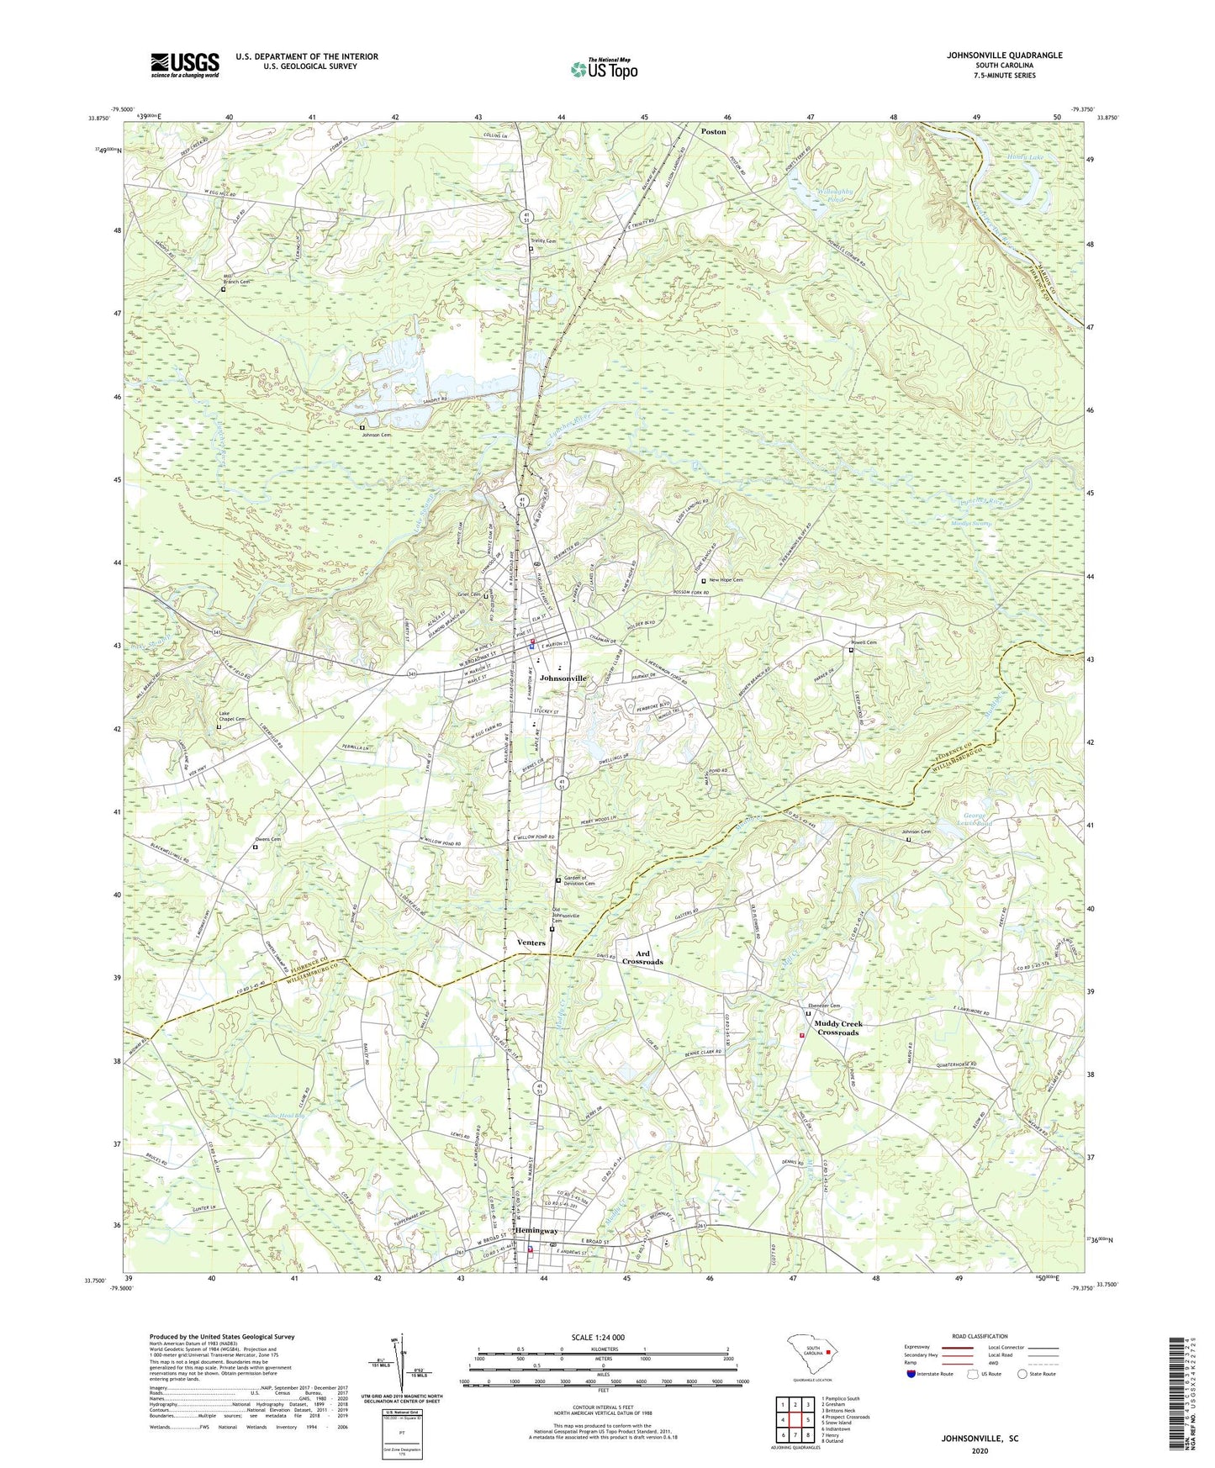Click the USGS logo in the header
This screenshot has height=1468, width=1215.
click(185, 65)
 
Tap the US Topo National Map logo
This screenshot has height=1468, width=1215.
click(604, 68)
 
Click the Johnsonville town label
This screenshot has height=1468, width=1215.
click(563, 678)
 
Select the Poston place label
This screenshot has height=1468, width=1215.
click(714, 132)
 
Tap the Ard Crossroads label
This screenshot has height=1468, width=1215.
click(649, 958)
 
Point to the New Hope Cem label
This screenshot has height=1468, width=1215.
click(726, 580)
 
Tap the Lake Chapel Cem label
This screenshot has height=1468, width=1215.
click(232, 716)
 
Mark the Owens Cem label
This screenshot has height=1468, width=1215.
click(268, 839)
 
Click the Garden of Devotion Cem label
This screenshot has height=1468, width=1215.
click(579, 880)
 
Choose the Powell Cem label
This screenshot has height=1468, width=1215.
click(864, 643)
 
